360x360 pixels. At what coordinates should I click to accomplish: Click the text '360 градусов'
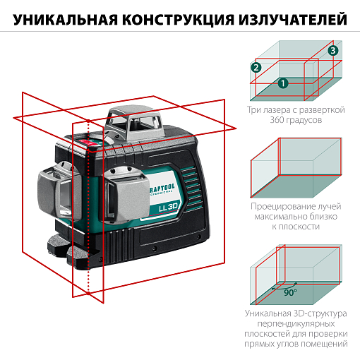pyautogui.click(x=296, y=121)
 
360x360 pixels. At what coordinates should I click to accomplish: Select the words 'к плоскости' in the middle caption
pyautogui.click(x=296, y=227)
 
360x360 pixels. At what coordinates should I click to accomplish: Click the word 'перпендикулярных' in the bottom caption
pyautogui.click(x=296, y=322)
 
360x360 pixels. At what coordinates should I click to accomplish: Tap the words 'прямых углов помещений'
pyautogui.click(x=296, y=344)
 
